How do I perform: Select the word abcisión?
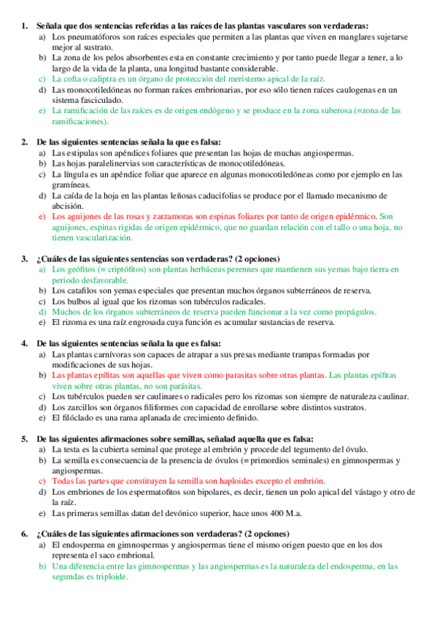69,206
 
